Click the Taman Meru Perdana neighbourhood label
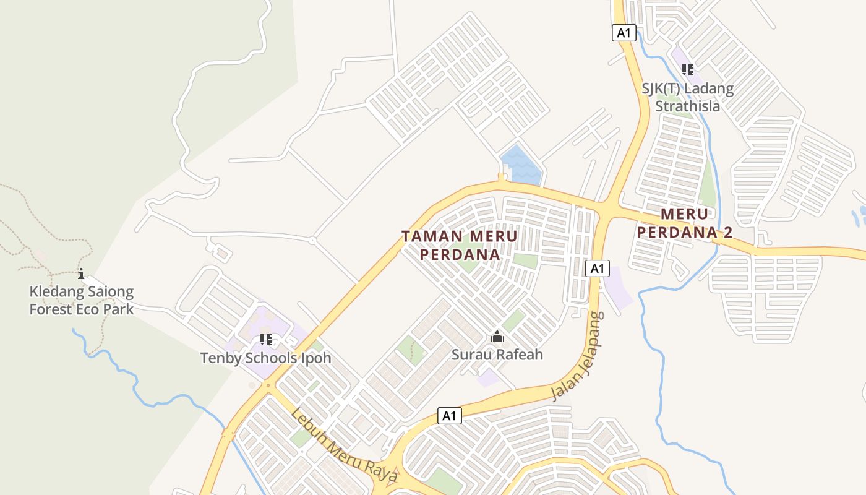coord(460,245)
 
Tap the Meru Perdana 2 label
coord(685,223)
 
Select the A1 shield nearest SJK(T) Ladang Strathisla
coord(624,33)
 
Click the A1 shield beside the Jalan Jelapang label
coord(596,268)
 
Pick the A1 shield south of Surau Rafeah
coord(450,416)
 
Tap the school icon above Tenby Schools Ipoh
coord(266,339)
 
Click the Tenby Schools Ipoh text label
coord(265,358)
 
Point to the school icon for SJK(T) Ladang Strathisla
coord(687,70)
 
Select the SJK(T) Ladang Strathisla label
coord(687,97)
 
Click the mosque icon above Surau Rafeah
coord(497,337)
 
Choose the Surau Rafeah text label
coord(497,355)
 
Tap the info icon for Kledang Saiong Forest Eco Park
coord(81,273)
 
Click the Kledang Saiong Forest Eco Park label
coord(82,300)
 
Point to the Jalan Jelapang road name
coord(577,356)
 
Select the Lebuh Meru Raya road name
coord(345,445)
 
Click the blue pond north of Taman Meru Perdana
coord(520,165)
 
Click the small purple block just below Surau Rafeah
coord(489,377)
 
